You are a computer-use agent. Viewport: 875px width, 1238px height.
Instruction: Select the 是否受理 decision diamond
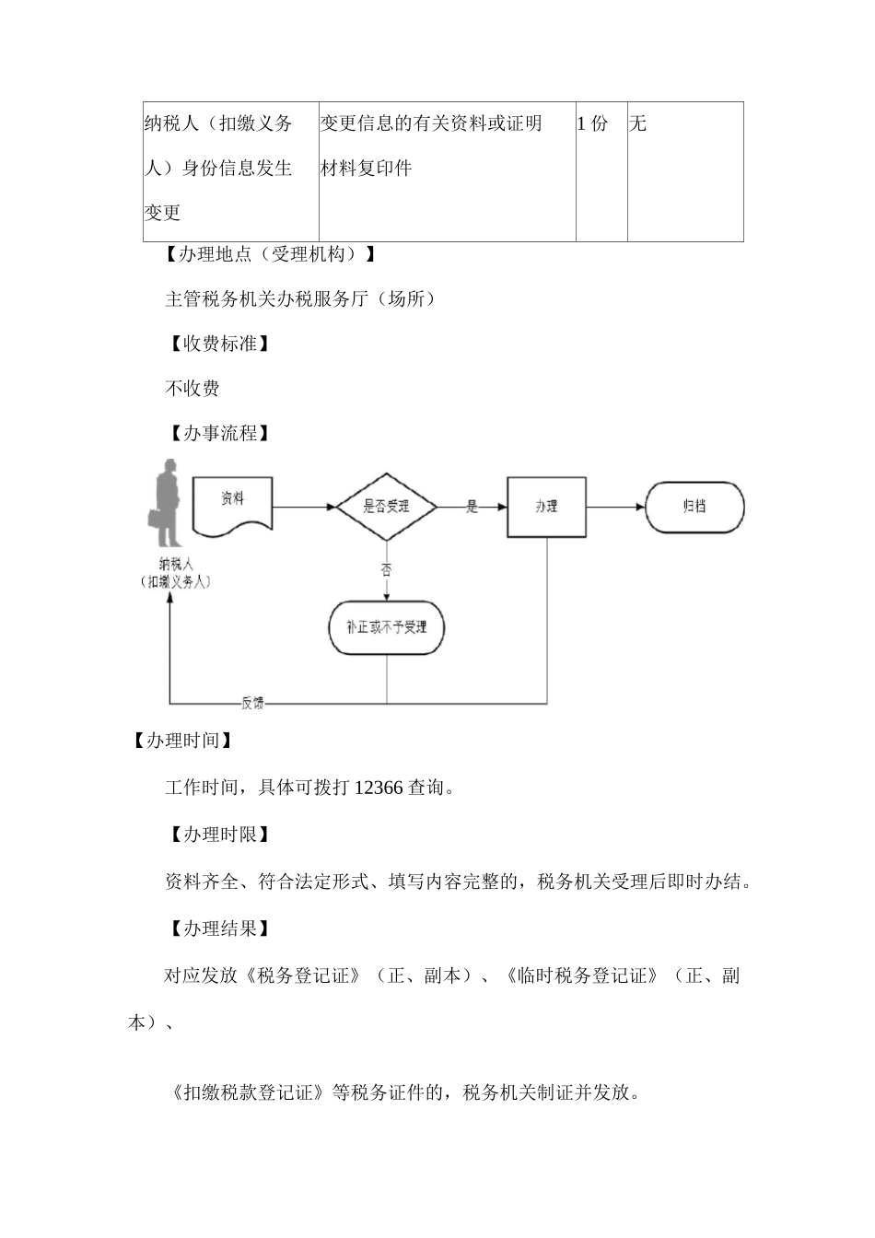click(x=386, y=506)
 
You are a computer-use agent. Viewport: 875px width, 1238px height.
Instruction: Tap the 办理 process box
click(x=546, y=507)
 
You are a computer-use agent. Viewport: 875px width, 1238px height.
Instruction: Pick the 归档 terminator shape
click(x=694, y=507)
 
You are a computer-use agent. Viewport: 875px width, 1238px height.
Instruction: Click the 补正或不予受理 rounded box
click(x=386, y=627)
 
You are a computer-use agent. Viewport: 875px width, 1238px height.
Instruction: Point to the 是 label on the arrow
click(x=472, y=507)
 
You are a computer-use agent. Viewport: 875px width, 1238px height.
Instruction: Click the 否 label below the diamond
click(x=386, y=570)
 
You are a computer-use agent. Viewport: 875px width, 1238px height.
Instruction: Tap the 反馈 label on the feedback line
click(x=252, y=704)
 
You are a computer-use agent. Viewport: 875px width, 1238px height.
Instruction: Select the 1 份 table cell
click(x=593, y=123)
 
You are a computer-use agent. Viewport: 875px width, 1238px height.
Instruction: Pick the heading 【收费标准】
click(x=219, y=344)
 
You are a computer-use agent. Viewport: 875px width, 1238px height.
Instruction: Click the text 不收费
click(x=192, y=389)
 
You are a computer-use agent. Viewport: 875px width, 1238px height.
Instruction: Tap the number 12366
click(x=378, y=788)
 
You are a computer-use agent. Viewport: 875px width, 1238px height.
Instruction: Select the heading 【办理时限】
click(x=219, y=835)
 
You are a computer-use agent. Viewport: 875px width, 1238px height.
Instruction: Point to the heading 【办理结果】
click(x=219, y=928)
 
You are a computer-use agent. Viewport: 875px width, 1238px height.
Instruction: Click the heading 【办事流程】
click(x=219, y=433)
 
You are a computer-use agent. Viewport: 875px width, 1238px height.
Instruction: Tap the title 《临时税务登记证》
click(x=582, y=975)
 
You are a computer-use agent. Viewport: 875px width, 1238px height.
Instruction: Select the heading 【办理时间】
click(x=181, y=741)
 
